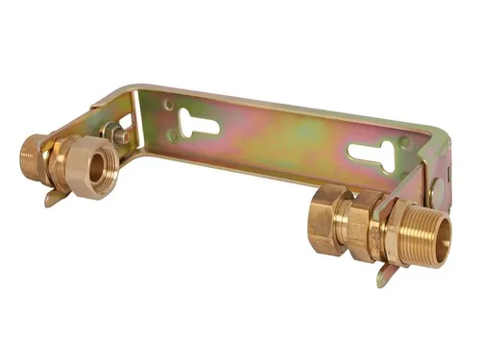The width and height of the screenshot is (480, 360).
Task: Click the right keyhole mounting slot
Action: (x=371, y=154)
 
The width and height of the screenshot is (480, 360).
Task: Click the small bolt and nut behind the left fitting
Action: (x=120, y=135)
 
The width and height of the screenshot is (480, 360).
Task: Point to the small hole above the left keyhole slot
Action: (x=170, y=105)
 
